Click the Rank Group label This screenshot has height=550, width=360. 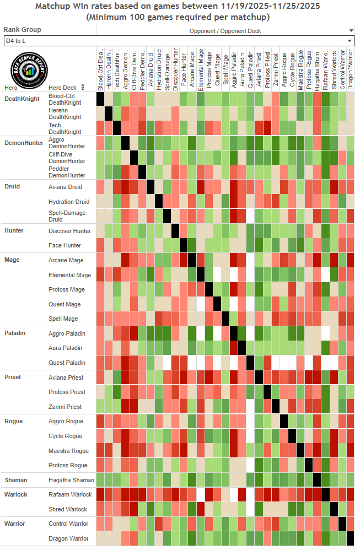22,30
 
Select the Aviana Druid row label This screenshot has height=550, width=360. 66,187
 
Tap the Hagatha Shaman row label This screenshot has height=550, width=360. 71,480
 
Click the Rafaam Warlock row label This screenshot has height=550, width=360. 69,494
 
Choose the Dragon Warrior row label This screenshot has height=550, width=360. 68,538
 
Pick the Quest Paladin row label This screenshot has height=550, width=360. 67,363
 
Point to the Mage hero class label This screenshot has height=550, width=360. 12,260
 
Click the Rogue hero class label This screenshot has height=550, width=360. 14,421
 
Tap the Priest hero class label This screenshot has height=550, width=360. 13,377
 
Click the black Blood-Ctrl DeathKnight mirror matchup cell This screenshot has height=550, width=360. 100,99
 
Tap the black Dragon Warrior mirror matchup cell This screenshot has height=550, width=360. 350,538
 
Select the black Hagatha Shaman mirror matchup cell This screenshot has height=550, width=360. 317,479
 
